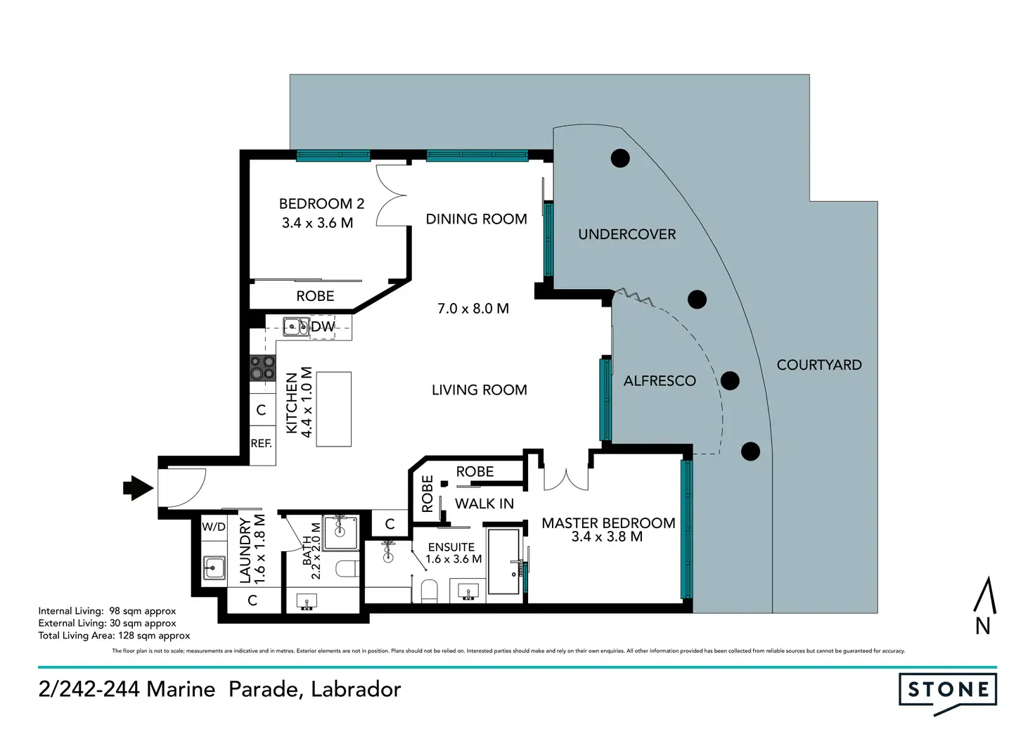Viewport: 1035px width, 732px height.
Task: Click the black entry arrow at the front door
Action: (x=138, y=487)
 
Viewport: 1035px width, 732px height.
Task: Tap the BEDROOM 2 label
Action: (x=321, y=204)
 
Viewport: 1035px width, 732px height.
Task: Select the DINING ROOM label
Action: (x=476, y=219)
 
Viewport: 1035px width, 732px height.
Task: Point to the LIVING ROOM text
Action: (x=479, y=390)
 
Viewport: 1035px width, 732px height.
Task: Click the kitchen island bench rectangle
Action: (x=333, y=409)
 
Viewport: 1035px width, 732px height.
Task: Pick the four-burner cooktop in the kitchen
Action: (x=263, y=368)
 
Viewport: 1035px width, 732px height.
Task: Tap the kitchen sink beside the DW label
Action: (x=295, y=327)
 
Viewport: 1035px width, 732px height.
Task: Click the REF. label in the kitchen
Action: (x=262, y=444)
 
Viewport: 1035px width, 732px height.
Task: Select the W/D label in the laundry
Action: (x=214, y=527)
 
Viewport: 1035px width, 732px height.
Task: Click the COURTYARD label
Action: (x=818, y=365)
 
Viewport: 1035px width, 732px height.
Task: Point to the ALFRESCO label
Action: (x=660, y=381)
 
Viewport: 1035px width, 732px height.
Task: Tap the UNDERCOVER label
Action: (x=626, y=235)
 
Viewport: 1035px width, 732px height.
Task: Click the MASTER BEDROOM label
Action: (x=608, y=523)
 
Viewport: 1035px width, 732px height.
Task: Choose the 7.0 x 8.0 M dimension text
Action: (x=473, y=309)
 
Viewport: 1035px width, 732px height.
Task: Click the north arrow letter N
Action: (x=983, y=626)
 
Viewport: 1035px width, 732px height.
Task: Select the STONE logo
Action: (x=948, y=691)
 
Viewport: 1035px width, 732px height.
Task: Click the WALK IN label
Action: (x=484, y=503)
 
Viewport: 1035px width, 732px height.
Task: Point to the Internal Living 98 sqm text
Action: (x=107, y=611)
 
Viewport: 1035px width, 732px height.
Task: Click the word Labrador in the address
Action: (x=356, y=689)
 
